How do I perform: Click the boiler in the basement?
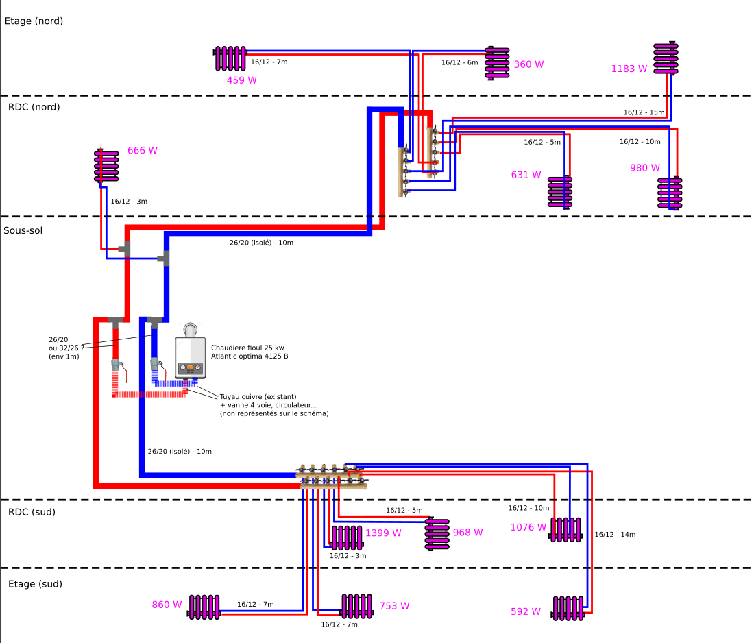coord(190,356)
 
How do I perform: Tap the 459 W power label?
coord(242,80)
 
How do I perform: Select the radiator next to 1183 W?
coord(666,59)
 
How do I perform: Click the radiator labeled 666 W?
coord(106,166)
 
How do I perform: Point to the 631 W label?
coord(526,175)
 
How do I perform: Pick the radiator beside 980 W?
coord(670,193)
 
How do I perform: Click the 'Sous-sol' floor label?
coord(23,230)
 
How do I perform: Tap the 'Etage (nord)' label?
coord(34,21)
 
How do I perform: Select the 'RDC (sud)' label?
coord(32,512)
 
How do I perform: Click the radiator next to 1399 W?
coord(347,537)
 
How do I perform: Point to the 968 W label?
coord(468,533)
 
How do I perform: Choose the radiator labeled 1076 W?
coord(566,529)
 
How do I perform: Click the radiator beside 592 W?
coord(569,608)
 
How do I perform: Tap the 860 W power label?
coord(167,605)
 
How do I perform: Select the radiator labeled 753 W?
coord(356,606)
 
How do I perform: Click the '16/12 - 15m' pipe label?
coord(644,112)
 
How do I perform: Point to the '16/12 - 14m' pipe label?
coord(615,535)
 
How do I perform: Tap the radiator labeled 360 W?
coord(498,63)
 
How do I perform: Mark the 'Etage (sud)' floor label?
coord(35,584)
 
